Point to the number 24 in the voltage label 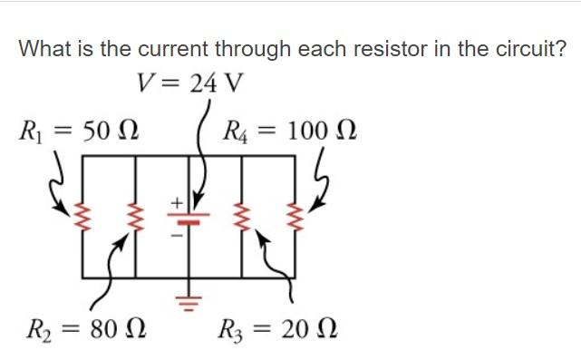click(x=204, y=84)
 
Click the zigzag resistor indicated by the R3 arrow click(x=242, y=218)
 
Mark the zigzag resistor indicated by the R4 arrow click(x=295, y=218)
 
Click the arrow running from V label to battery click(x=201, y=159)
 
